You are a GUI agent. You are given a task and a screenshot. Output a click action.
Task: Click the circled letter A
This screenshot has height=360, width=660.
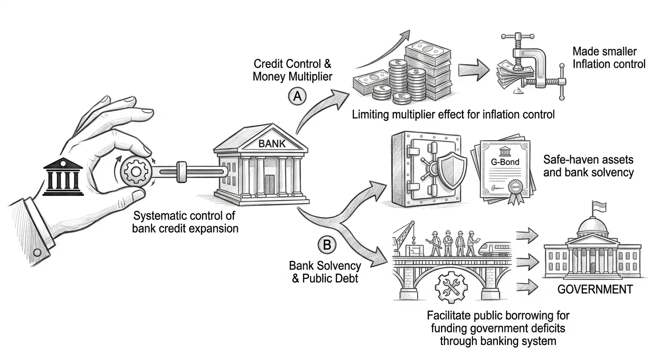tap(297, 97)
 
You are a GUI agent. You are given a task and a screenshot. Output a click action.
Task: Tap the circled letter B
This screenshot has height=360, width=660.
tap(327, 245)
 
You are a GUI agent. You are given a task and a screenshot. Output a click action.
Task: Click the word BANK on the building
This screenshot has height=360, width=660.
tap(272, 144)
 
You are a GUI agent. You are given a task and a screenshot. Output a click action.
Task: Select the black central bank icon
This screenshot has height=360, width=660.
tap(63, 177)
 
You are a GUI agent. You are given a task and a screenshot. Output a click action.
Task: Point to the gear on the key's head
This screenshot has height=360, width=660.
tap(136, 172)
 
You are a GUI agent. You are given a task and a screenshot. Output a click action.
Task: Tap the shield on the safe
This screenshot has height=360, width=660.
tap(450, 172)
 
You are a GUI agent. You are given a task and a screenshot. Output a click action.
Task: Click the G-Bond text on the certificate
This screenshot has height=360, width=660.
tap(505, 162)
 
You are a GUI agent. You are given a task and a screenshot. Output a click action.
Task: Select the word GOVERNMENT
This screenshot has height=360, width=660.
tap(595, 289)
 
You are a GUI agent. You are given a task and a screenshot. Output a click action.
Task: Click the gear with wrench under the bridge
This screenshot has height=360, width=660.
tap(451, 287)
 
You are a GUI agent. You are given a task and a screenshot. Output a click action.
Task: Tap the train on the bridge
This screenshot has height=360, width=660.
tap(495, 249)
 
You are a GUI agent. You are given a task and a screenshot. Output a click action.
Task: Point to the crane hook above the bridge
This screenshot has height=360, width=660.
tap(413, 240)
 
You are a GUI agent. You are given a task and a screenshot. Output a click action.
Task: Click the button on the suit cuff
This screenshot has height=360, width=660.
tap(37, 253)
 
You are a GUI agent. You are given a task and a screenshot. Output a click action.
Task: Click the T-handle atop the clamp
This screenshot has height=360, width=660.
tap(517, 37)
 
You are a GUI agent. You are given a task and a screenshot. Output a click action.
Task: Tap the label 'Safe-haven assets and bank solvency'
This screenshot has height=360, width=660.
tap(588, 166)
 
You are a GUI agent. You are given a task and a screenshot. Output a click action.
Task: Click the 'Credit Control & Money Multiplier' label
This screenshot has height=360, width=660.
tap(292, 70)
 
